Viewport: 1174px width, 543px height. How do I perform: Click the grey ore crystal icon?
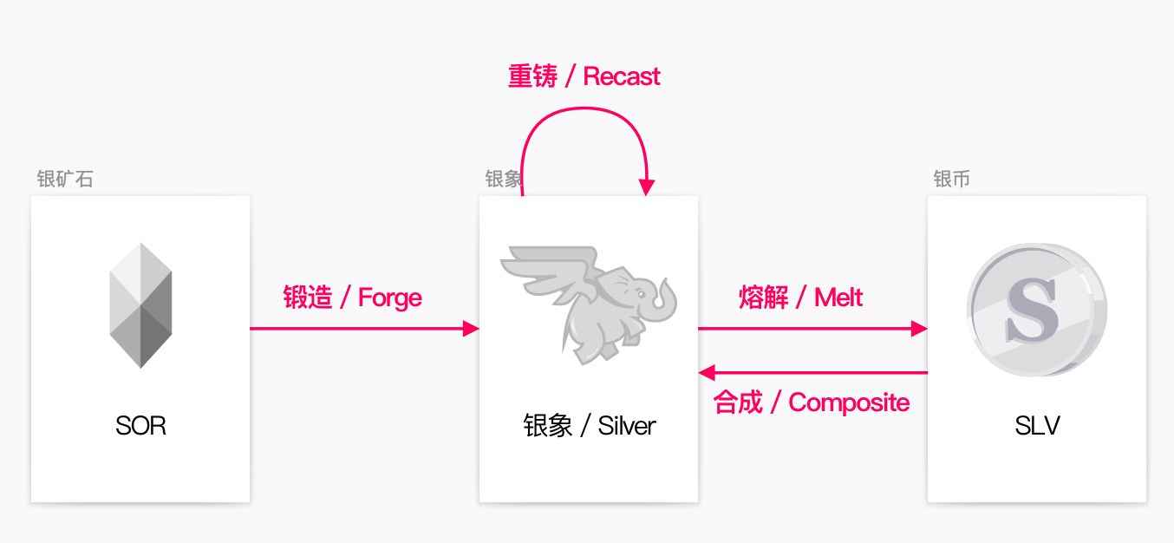point(140,305)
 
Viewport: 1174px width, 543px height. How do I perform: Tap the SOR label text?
point(140,425)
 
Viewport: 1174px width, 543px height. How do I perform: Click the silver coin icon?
point(1037,310)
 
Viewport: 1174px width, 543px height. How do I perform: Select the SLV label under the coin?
point(1037,425)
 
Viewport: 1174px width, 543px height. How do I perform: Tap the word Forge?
point(390,298)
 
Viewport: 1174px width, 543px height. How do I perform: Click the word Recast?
point(622,76)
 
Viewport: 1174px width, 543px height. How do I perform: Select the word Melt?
point(838,298)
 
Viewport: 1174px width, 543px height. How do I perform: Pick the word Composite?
point(849,403)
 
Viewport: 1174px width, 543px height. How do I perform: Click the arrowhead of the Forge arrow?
point(471,329)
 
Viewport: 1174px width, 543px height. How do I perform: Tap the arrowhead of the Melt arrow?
point(919,329)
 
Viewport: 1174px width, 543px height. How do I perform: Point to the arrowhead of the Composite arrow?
point(707,373)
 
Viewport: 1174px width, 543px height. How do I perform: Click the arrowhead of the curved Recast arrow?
point(647,187)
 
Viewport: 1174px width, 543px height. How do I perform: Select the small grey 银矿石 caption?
point(65,179)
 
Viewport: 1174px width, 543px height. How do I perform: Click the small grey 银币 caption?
point(951,179)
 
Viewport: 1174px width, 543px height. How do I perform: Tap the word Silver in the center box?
point(627,425)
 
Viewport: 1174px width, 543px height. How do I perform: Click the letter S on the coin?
point(1032,310)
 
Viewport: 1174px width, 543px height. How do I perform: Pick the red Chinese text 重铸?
point(532,76)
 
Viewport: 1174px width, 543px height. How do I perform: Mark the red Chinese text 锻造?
point(308,298)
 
